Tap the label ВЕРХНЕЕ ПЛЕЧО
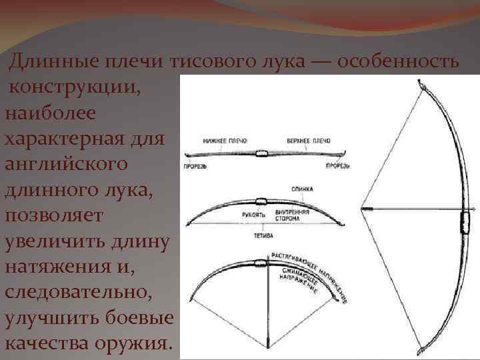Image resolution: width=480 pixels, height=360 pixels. (309, 141)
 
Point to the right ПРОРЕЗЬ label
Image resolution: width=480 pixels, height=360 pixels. (337, 165)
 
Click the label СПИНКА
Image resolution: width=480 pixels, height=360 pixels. (302, 189)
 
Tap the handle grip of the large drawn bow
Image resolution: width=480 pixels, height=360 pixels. (465, 219)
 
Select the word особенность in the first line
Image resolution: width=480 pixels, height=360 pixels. (398, 63)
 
